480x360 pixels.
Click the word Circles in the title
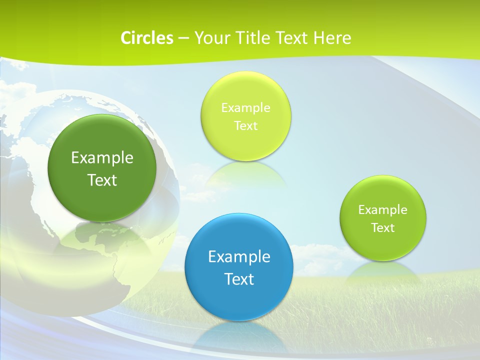click(146, 38)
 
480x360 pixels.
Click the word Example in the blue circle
click(239, 256)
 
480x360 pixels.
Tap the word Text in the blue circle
click(239, 278)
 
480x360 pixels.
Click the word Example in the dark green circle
click(102, 157)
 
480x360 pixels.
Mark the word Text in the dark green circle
click(102, 180)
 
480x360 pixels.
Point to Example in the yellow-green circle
click(245, 107)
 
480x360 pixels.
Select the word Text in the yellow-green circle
click(245, 125)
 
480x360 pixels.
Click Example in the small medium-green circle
click(382, 209)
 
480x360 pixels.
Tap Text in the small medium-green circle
click(382, 227)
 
